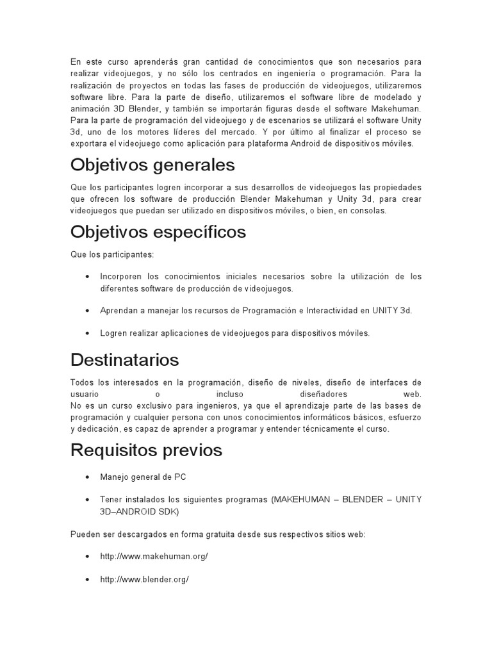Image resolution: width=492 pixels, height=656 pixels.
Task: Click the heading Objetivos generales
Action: pyautogui.click(x=152, y=165)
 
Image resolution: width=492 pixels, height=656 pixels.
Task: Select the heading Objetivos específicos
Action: pyautogui.click(x=158, y=232)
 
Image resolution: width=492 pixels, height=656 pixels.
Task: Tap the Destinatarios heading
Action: pyautogui.click(x=124, y=358)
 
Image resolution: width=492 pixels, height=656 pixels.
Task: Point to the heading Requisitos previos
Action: pyautogui.click(x=146, y=450)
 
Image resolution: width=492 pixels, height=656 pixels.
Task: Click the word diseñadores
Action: pyautogui.click(x=324, y=394)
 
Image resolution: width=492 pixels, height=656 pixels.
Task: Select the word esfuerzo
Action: pyautogui.click(x=403, y=418)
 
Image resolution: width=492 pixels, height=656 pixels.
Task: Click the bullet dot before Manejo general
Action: pyautogui.click(x=86, y=477)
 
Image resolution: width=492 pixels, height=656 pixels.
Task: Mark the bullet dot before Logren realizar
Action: pyautogui.click(x=86, y=333)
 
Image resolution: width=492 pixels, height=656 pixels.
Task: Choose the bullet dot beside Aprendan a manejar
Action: pyautogui.click(x=86, y=311)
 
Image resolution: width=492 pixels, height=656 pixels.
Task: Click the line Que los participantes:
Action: pyautogui.click(x=112, y=254)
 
